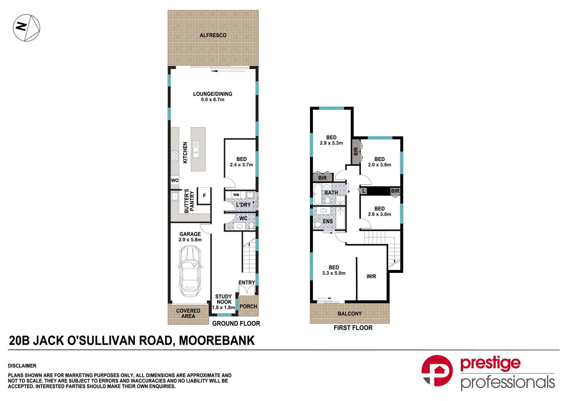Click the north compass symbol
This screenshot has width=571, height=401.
coord(27,28)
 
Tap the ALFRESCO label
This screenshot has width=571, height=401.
coord(213,35)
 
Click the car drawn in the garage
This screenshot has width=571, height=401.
coord(190,271)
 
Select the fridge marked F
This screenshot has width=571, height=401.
coord(204,196)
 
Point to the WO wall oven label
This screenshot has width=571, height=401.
coord(175,180)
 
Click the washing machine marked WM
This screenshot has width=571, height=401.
coord(236,195)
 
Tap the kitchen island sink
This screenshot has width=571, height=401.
coord(196,149)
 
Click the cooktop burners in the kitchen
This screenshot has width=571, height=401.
coord(175,156)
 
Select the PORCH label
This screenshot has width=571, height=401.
coord(248,306)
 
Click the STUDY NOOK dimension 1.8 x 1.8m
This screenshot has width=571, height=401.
coord(223,307)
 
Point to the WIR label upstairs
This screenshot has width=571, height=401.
coord(371,276)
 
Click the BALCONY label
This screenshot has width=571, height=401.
coord(349,314)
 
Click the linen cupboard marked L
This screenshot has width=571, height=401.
coord(363,191)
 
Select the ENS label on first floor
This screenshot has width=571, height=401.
coord(328,221)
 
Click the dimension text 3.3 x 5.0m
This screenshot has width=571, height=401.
coord(334,273)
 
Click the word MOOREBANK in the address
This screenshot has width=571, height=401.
coord(217,340)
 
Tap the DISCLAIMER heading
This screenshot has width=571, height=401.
coord(22,366)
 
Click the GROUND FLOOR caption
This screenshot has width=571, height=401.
coord(236,324)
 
